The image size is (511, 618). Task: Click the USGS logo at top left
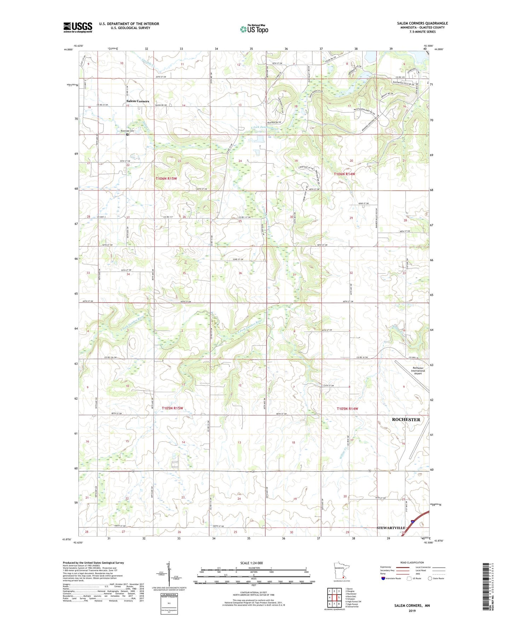coord(77,27)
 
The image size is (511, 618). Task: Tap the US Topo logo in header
coord(254,29)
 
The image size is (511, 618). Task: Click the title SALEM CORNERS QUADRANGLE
coord(422,23)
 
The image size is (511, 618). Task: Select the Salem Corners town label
coord(138,101)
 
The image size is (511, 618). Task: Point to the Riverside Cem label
coord(127,131)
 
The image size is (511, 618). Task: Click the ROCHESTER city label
coord(406,419)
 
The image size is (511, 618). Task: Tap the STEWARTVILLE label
coord(391,528)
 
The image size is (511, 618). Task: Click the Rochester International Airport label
coord(418,371)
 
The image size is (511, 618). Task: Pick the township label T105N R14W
coord(347,409)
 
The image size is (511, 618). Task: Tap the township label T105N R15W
coord(172,408)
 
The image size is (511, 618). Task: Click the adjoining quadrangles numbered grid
coord(334,598)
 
